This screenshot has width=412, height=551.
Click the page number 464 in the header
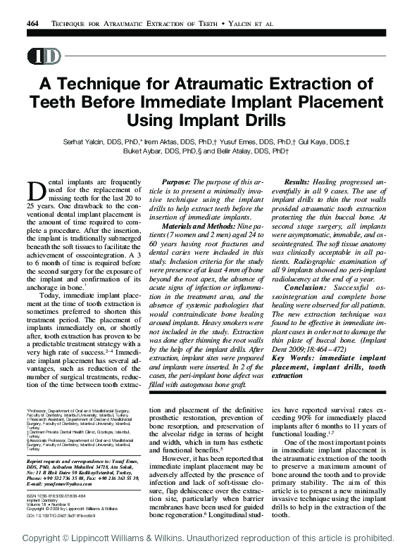[32, 24]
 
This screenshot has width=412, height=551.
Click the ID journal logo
[43, 56]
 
